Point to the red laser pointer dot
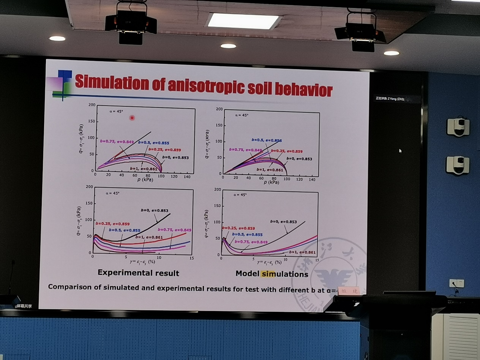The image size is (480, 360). [x=132, y=118]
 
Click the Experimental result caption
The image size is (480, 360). [x=138, y=273]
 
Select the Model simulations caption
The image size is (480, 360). [x=272, y=273]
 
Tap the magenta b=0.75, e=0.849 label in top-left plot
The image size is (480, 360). [x=117, y=142]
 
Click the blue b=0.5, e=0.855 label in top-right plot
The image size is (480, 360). [x=267, y=140]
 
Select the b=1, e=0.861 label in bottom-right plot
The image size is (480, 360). [x=302, y=252]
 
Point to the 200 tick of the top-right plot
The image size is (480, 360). [x=218, y=109]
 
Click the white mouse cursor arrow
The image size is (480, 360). [x=400, y=151]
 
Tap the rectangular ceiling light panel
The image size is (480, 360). [x=243, y=21]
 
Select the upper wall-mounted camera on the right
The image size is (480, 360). [x=458, y=127]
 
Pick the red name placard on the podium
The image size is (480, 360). [x=348, y=291]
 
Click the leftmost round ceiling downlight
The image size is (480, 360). [x=57, y=38]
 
